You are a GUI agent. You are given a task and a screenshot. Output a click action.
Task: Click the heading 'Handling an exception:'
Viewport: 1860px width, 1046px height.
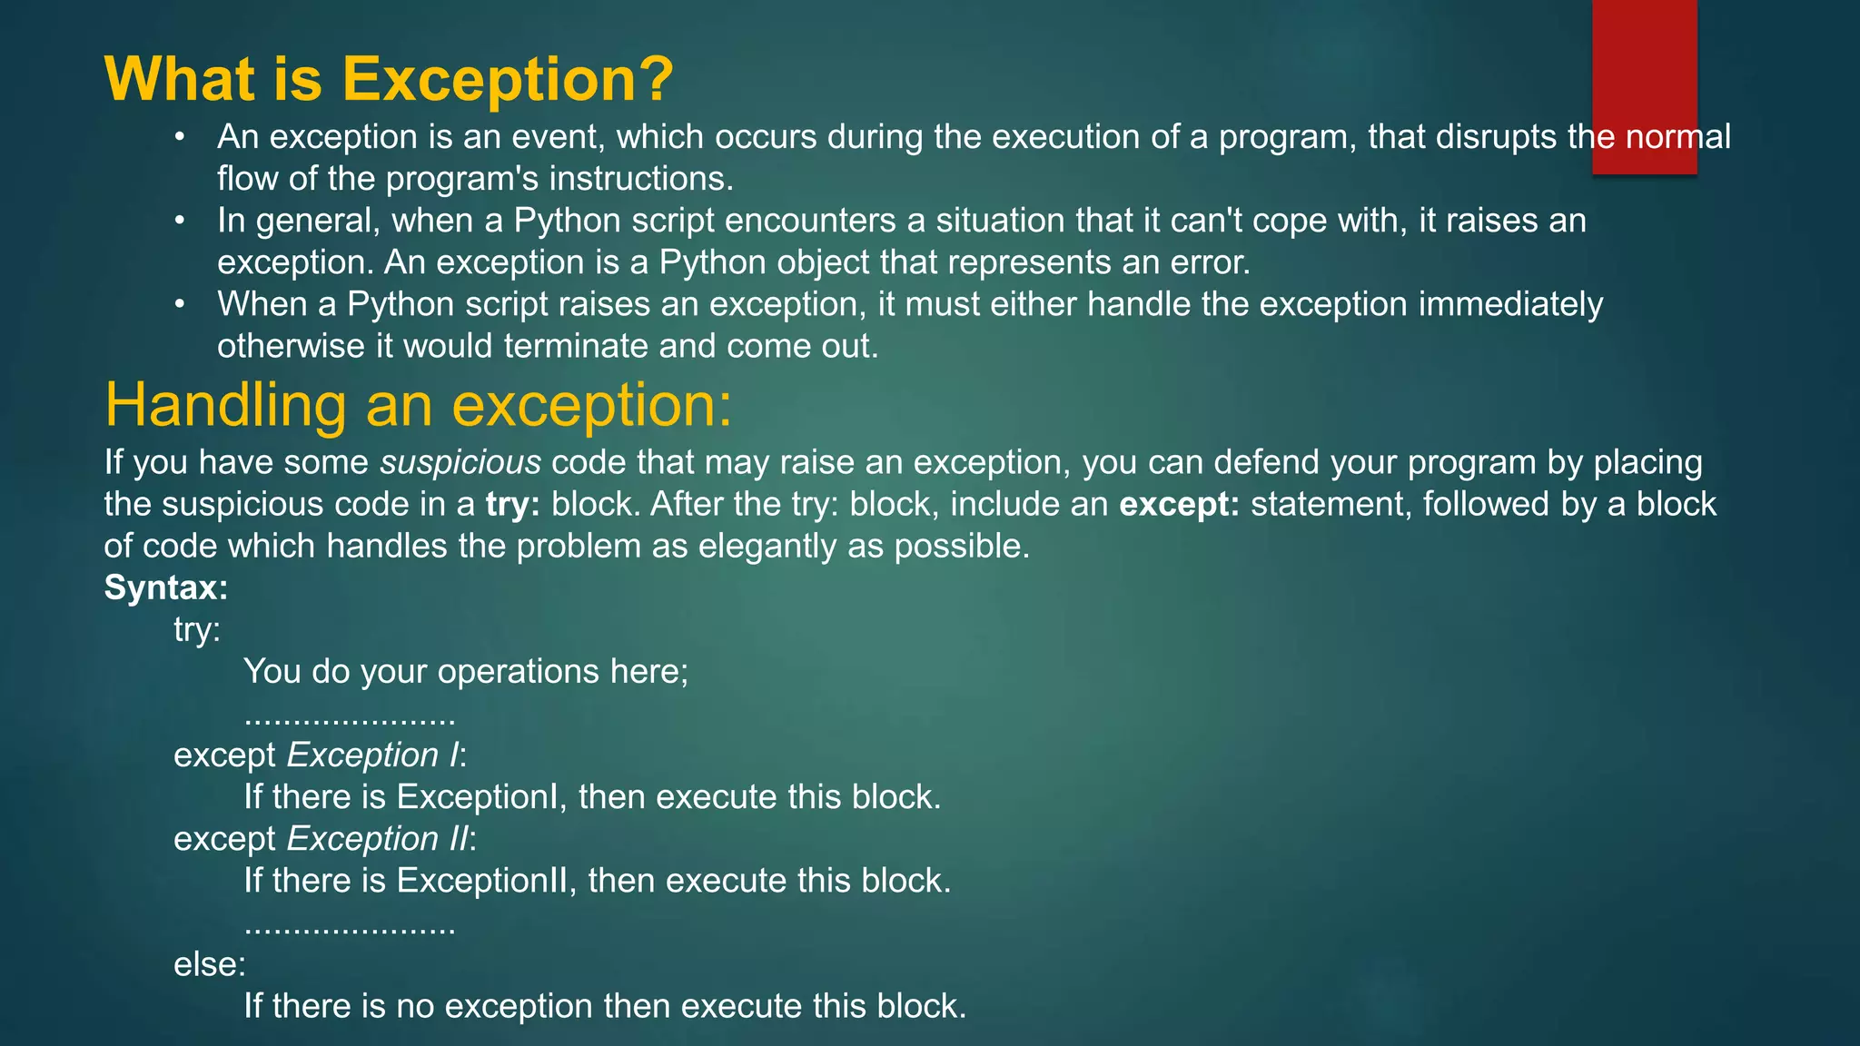pos(418,404)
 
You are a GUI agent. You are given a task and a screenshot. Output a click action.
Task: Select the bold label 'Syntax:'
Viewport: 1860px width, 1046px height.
pos(166,587)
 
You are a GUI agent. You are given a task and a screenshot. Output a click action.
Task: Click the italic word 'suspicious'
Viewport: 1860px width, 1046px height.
pos(460,463)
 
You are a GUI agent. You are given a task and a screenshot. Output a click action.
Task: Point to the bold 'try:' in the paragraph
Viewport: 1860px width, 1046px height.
pos(513,505)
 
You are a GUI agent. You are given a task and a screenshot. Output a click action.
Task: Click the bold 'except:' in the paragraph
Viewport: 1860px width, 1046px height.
pos(1179,505)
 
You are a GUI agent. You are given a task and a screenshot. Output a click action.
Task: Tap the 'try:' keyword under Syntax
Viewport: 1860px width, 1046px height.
pos(197,629)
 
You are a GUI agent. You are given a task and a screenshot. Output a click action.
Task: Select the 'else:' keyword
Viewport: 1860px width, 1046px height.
pos(210,964)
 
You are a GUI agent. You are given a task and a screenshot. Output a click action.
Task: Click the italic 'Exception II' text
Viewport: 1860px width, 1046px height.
pos(378,839)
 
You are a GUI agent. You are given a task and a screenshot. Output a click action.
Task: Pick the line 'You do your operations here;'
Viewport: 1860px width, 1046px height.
pos(466,672)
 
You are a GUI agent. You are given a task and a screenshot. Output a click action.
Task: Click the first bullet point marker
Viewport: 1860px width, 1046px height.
pos(180,138)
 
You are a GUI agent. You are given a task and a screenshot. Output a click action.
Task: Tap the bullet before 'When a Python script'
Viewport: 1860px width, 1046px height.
pos(180,305)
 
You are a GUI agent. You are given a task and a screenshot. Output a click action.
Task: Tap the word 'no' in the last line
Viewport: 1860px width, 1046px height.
pos(415,1006)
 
